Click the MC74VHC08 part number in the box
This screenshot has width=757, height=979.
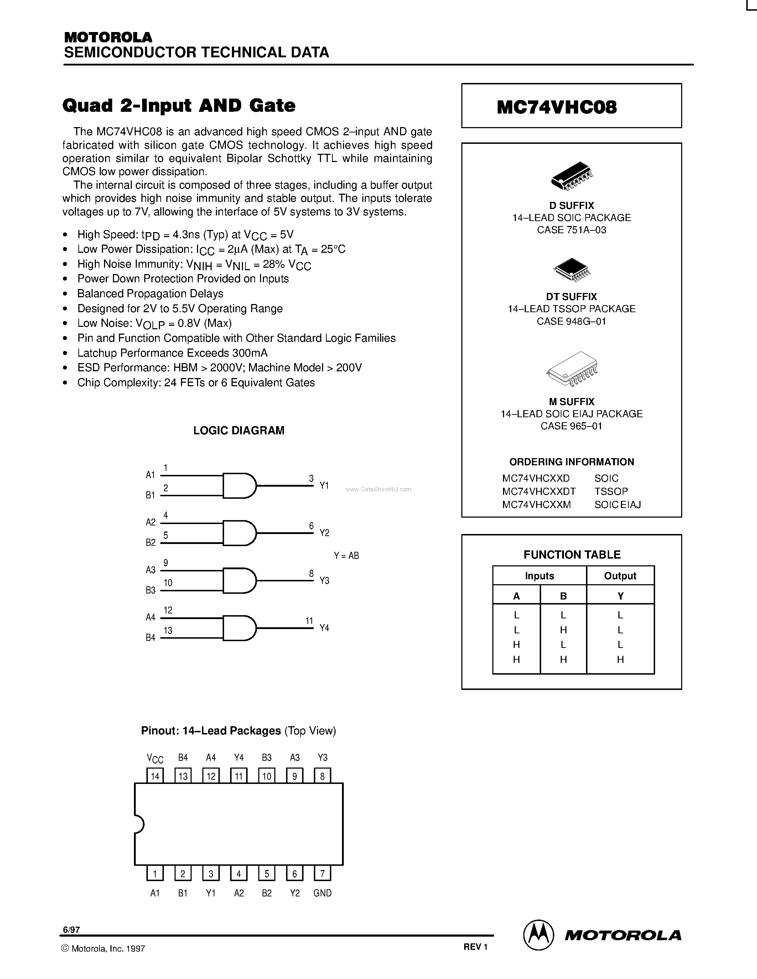556,107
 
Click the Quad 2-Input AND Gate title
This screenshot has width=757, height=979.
178,106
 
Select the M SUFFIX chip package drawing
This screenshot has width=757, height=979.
572,368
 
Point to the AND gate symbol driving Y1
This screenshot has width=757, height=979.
239,486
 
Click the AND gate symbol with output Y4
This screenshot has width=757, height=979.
239,628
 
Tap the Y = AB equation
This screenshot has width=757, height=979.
346,556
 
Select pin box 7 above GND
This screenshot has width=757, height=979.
322,874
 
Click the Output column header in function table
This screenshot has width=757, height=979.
620,576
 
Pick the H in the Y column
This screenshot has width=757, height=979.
620,659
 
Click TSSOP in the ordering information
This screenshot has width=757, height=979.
611,491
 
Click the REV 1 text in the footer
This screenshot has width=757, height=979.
475,947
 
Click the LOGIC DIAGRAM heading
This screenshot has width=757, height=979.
239,430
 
